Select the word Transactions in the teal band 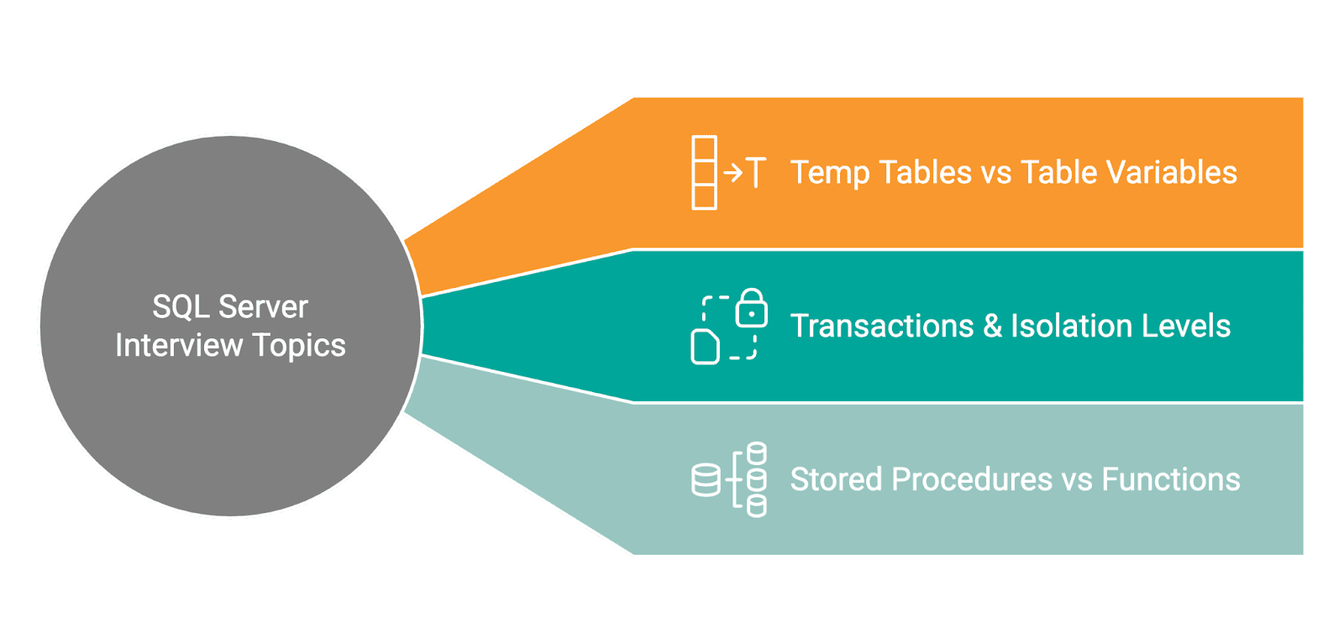pyautogui.click(x=882, y=326)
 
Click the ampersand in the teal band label pyautogui.click(x=993, y=326)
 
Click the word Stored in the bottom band pyautogui.click(x=836, y=479)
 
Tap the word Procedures pyautogui.click(x=971, y=479)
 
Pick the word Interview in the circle pyautogui.click(x=178, y=346)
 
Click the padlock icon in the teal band pyautogui.click(x=751, y=308)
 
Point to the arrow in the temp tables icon pyautogui.click(x=733, y=173)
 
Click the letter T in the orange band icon pyautogui.click(x=756, y=173)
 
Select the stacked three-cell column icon pyautogui.click(x=704, y=173)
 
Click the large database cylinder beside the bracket pyautogui.click(x=706, y=480)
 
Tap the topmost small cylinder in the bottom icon pyautogui.click(x=757, y=453)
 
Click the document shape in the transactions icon pyautogui.click(x=705, y=347)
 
